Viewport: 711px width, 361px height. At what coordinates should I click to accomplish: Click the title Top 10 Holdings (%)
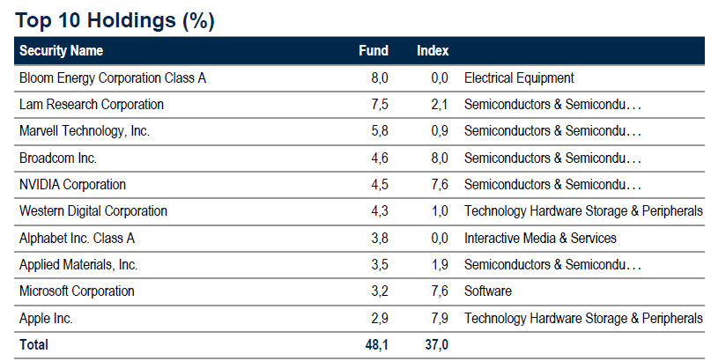coord(115,21)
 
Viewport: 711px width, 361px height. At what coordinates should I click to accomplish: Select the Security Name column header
coord(61,50)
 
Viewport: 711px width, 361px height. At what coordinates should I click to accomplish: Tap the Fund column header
coord(374,50)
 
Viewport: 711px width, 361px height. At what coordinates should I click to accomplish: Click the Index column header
coord(433,50)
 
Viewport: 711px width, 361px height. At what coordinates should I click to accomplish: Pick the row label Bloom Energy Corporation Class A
coord(113,77)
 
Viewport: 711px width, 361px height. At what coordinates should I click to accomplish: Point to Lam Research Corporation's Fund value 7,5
coord(380,104)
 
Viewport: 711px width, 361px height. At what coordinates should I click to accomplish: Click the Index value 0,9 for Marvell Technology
coord(440,131)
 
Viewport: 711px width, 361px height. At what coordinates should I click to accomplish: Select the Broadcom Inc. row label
coord(58,158)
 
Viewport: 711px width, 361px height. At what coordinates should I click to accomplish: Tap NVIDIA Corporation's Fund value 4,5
coord(380,184)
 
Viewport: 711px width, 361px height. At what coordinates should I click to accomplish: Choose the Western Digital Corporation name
coord(93,211)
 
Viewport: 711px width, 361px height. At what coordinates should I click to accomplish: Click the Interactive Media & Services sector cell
coord(540,238)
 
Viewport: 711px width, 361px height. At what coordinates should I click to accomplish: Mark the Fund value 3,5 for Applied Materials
coord(380,264)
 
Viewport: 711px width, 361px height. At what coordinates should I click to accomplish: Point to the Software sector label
coord(488,291)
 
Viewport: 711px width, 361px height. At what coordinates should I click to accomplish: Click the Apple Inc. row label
coord(46,318)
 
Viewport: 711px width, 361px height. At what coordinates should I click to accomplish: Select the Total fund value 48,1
coord(377,344)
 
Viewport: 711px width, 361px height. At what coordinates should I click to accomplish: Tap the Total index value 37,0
coord(437,344)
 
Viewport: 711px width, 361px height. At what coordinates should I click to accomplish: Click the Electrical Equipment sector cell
coord(519,77)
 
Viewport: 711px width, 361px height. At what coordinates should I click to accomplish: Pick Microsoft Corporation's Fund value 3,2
coord(380,291)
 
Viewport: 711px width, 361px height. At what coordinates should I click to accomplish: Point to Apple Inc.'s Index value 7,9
coord(440,318)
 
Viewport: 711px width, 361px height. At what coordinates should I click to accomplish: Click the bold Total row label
coord(33,344)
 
